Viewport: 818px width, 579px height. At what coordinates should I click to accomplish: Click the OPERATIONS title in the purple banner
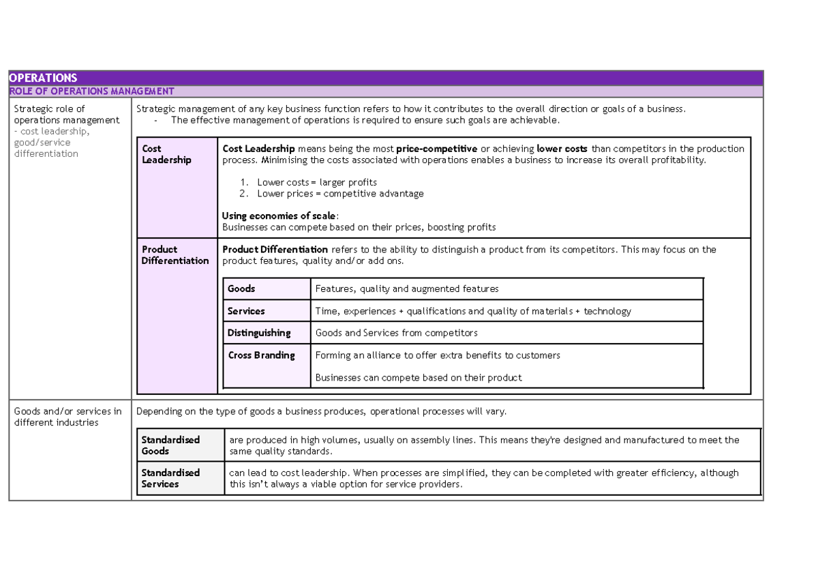coord(44,78)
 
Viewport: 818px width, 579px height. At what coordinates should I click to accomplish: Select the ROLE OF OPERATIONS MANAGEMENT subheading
coord(91,91)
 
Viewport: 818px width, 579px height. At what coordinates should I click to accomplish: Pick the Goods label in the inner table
coord(241,289)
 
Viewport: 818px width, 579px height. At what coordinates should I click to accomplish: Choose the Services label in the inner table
coord(246,312)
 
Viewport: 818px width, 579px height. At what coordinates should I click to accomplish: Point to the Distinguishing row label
coord(259,333)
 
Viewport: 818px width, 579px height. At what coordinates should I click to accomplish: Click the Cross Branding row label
coord(261,355)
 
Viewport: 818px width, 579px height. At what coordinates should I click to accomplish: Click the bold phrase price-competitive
coord(441,149)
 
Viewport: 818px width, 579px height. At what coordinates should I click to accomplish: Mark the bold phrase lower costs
coord(562,149)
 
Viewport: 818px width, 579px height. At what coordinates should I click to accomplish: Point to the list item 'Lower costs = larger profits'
coord(316,183)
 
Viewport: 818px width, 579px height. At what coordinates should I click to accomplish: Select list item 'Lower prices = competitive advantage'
coord(340,194)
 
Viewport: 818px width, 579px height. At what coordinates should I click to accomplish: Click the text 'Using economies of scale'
coord(279,216)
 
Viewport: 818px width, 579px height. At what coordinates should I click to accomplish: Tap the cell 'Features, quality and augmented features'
coord(407,289)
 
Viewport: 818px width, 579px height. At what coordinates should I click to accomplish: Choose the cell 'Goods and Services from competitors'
coord(396,333)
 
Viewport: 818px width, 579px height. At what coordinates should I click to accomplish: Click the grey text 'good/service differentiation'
coord(46,148)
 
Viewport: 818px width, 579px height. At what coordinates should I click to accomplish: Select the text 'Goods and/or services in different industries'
coord(67,417)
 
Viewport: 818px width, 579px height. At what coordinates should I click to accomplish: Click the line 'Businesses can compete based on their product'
coord(419,378)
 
